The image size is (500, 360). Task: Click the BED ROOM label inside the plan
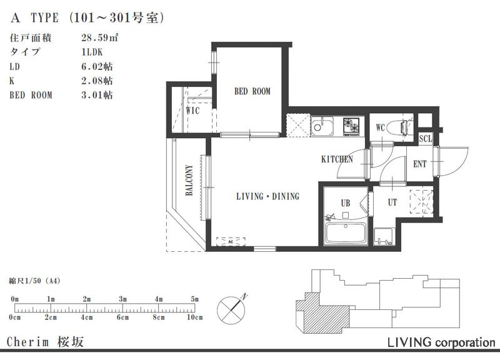(252, 91)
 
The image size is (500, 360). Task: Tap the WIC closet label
(193, 111)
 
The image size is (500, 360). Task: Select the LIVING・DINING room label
(268, 196)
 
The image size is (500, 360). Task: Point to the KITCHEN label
(337, 159)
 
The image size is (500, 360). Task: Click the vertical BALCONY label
(189, 180)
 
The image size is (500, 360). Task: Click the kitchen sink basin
(322, 126)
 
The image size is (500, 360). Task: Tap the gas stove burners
(351, 126)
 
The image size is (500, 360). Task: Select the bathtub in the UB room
(346, 233)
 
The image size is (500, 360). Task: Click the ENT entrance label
(419, 164)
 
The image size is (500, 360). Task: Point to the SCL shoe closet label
(426, 139)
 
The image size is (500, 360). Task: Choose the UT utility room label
(392, 202)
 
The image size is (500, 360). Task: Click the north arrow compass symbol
(231, 309)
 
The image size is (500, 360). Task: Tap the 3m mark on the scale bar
(122, 299)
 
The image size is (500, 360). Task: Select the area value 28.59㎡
(99, 37)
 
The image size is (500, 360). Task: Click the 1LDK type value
(92, 52)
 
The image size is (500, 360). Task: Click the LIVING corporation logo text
(441, 342)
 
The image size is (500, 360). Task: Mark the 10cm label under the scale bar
(195, 317)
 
